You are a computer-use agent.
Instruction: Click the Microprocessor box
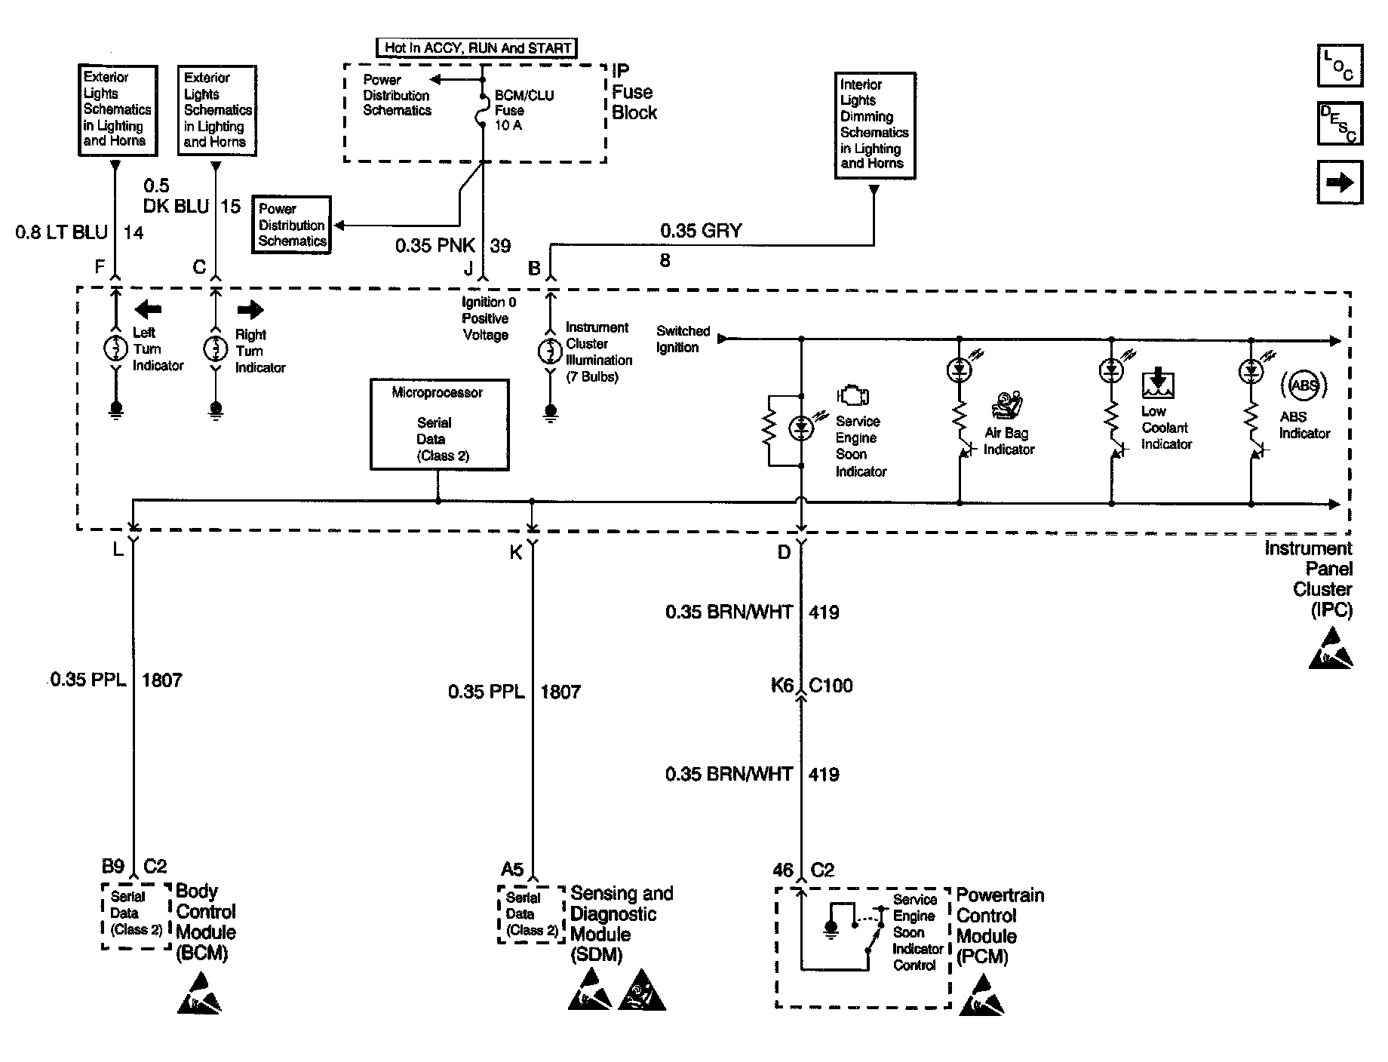coord(440,425)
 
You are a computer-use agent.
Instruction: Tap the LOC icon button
coord(1340,65)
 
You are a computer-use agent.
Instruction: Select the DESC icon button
coord(1340,122)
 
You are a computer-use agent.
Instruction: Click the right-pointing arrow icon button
coord(1340,182)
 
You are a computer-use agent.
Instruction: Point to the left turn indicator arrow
coord(148,308)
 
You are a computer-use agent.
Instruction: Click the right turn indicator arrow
coord(250,309)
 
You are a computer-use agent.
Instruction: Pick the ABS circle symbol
coord(1304,385)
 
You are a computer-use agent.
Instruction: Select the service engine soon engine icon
coord(853,396)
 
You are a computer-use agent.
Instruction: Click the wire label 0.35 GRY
coord(701,231)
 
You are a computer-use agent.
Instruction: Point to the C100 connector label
coord(831,686)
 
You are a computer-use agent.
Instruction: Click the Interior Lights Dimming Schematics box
coord(875,125)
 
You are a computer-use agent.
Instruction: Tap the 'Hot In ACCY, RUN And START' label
coord(477,48)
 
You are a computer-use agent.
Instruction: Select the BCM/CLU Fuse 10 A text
coord(524,110)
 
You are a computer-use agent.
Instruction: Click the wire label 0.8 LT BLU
coord(62,232)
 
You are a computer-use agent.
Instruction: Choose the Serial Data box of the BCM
coord(137,914)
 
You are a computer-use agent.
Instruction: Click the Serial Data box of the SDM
coord(531,914)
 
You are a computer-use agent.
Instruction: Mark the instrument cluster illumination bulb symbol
coord(550,351)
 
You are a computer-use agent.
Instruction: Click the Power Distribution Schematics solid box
coord(292,225)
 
